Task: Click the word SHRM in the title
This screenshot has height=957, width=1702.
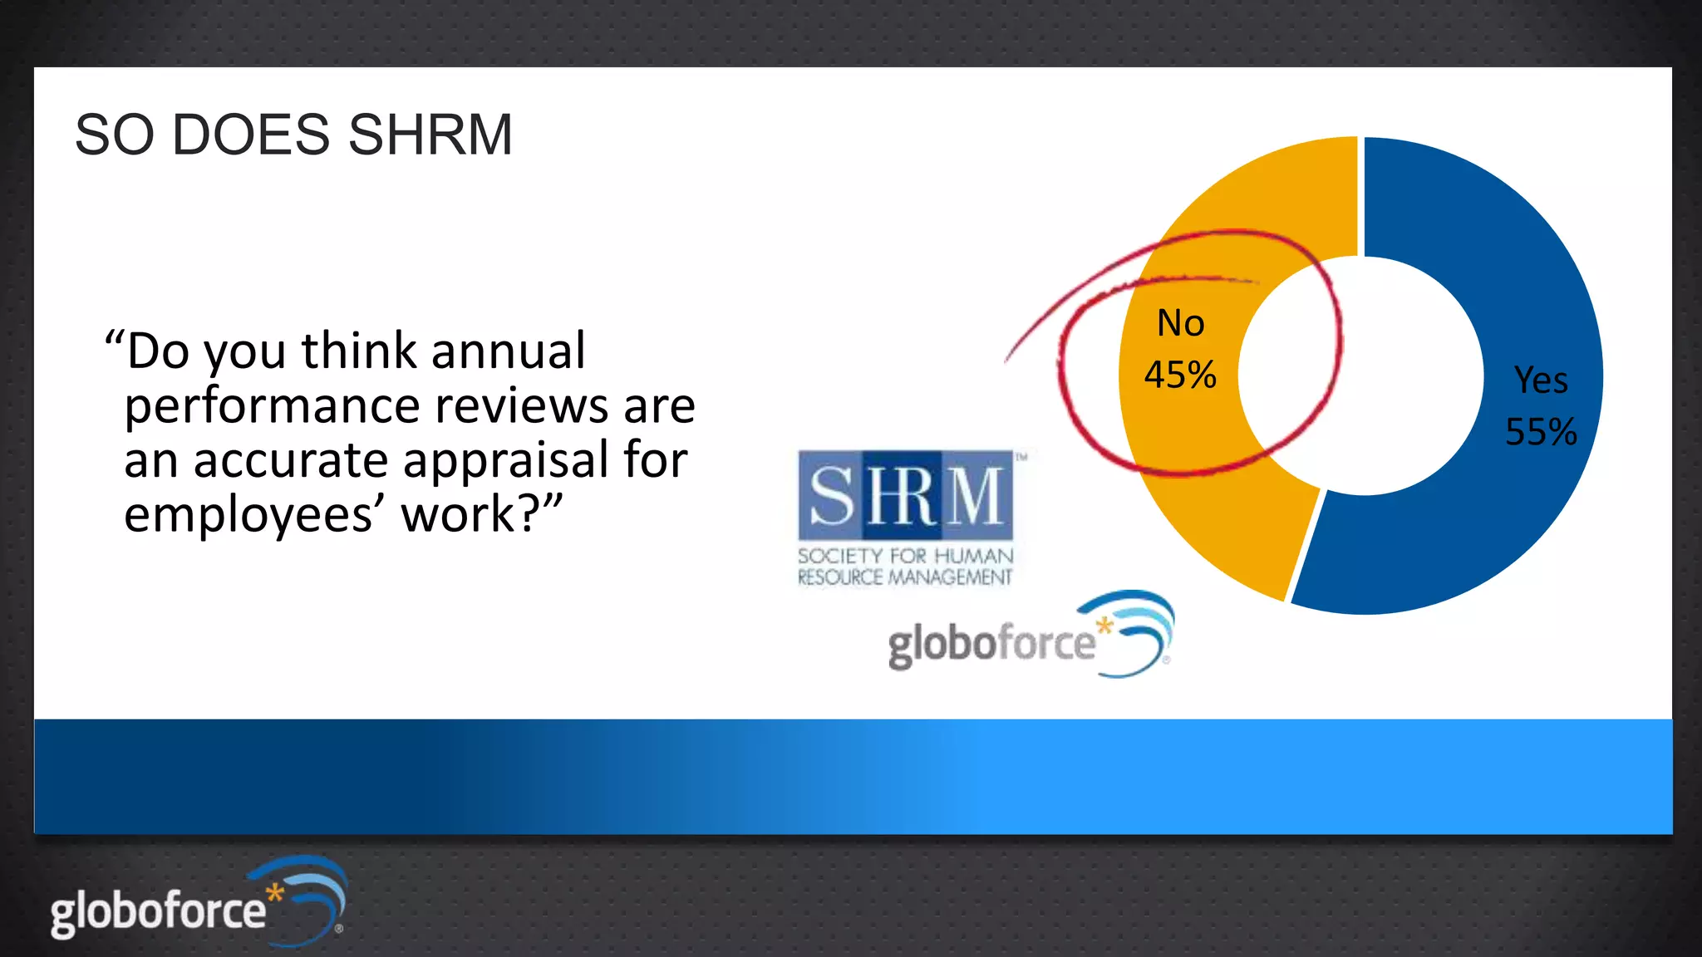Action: (430, 135)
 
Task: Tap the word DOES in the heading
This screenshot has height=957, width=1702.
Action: (250, 135)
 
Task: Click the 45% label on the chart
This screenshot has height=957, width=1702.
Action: (1180, 375)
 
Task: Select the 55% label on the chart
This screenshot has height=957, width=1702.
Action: (1541, 432)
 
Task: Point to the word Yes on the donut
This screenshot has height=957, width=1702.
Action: (1541, 380)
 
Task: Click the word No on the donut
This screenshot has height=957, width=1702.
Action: (1181, 323)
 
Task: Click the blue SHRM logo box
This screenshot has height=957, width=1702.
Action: (906, 495)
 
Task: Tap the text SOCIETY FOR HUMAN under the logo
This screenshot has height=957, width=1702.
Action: (905, 556)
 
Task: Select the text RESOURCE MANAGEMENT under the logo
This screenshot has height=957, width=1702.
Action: (905, 577)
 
